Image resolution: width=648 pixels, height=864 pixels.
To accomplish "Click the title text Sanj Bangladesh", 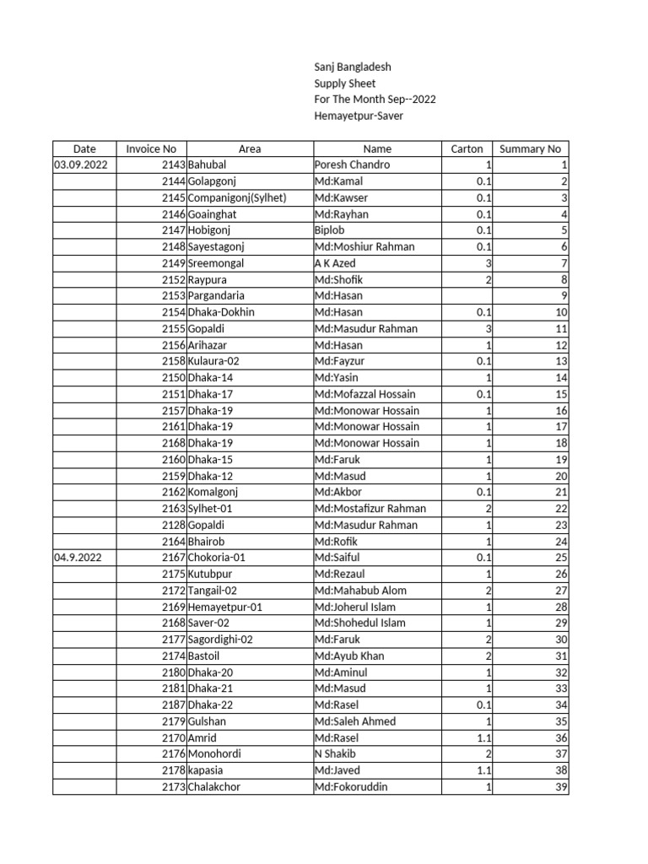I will pos(352,67).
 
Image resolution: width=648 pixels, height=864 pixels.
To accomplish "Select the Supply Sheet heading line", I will pos(344,84).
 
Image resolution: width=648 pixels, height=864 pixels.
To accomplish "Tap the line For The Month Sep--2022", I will pos(375,100).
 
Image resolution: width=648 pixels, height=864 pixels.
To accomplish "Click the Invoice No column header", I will pos(151,148).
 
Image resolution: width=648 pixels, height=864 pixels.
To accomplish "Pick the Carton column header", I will pos(467,148).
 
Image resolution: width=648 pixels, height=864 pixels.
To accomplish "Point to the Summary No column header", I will pos(530,148).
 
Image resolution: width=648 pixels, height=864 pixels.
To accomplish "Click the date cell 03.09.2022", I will pos(81,165).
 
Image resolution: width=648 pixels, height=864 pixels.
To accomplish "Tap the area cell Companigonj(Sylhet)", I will pos(237,197).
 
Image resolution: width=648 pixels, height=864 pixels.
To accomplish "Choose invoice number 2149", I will pos(172,263).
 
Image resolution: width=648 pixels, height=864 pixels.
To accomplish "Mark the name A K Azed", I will pos(335,263).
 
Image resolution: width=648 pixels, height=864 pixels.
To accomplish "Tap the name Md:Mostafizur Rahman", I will pos(370,509).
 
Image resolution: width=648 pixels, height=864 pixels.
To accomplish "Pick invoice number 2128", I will pos(172,525).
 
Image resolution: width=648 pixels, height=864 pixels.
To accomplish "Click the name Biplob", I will pos(329,230).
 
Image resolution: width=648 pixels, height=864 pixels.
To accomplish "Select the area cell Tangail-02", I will pos(213,591).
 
